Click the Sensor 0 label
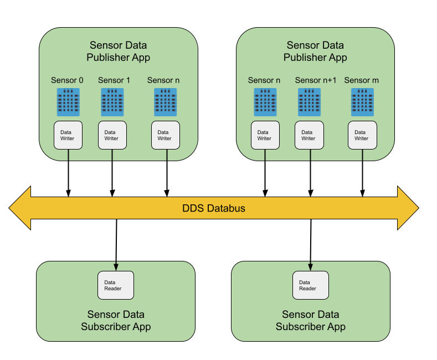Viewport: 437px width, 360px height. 67,80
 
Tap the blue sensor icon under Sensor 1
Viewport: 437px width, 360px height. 112,102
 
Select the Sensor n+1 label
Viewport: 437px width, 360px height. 316,80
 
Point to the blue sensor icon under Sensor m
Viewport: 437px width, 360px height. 362,102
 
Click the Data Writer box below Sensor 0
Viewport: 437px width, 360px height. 68,135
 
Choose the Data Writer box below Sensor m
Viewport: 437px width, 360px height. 362,135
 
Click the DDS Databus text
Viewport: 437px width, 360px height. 214,209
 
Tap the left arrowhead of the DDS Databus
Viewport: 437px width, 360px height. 20,208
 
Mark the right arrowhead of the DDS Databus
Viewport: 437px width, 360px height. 408,208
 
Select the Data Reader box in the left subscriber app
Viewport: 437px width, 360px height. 116,285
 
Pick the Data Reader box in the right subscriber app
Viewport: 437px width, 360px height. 311,285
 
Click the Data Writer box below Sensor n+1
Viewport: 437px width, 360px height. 309,135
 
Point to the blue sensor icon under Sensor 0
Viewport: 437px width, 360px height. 68,102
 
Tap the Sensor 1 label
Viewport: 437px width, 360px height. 114,80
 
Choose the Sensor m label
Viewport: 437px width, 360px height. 362,80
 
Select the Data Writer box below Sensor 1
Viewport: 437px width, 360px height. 112,135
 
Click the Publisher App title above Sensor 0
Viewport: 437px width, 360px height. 119,51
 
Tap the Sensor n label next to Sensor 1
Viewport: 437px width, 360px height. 163,80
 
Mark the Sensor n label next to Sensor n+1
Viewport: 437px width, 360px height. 264,80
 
